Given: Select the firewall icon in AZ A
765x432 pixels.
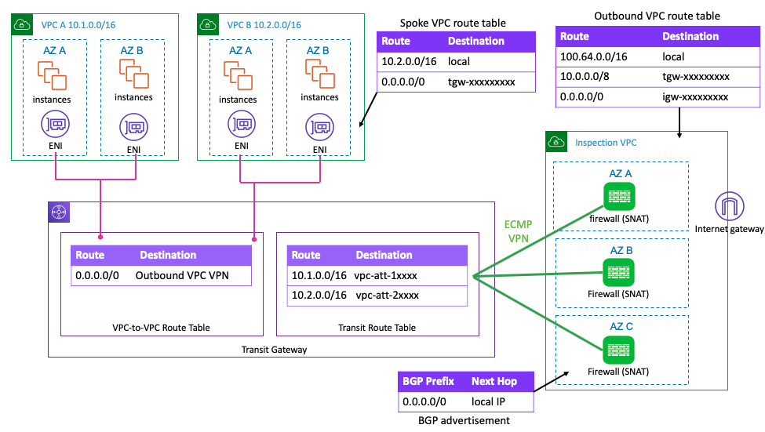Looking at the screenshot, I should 618,195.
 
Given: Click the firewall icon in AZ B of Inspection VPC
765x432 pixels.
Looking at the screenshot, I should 618,272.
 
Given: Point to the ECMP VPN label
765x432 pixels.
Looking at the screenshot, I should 519,231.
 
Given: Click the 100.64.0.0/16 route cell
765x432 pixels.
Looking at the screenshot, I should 593,57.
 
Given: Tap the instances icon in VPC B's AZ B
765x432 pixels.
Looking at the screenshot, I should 320,74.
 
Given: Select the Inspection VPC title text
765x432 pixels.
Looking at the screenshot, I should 606,143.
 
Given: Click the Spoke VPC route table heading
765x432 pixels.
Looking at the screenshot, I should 453,24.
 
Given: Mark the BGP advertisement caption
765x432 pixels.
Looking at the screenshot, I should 466,421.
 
